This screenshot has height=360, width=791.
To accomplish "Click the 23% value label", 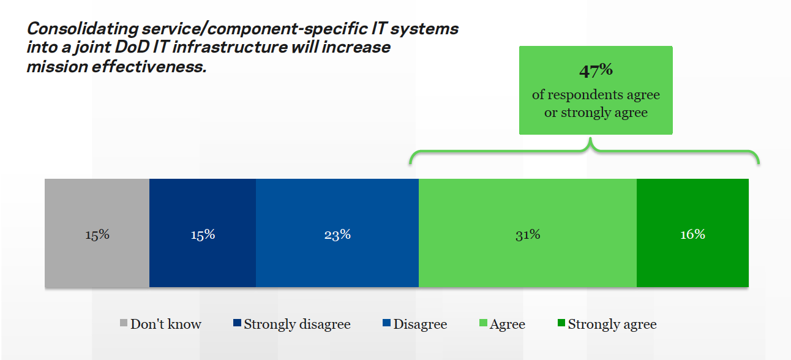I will tap(337, 234).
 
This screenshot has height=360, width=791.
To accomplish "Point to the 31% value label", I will tap(527, 234).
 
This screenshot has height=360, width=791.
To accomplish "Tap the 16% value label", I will tap(692, 234).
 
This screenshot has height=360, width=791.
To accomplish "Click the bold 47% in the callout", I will tap(596, 70).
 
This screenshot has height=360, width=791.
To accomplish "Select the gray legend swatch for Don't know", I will tap(124, 324).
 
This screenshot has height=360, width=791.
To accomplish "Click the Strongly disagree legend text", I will tap(297, 324).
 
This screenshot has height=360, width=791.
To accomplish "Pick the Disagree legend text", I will tap(420, 324).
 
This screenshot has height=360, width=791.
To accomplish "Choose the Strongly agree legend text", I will tap(612, 324).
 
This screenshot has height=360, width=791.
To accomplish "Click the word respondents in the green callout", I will tap(587, 95).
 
